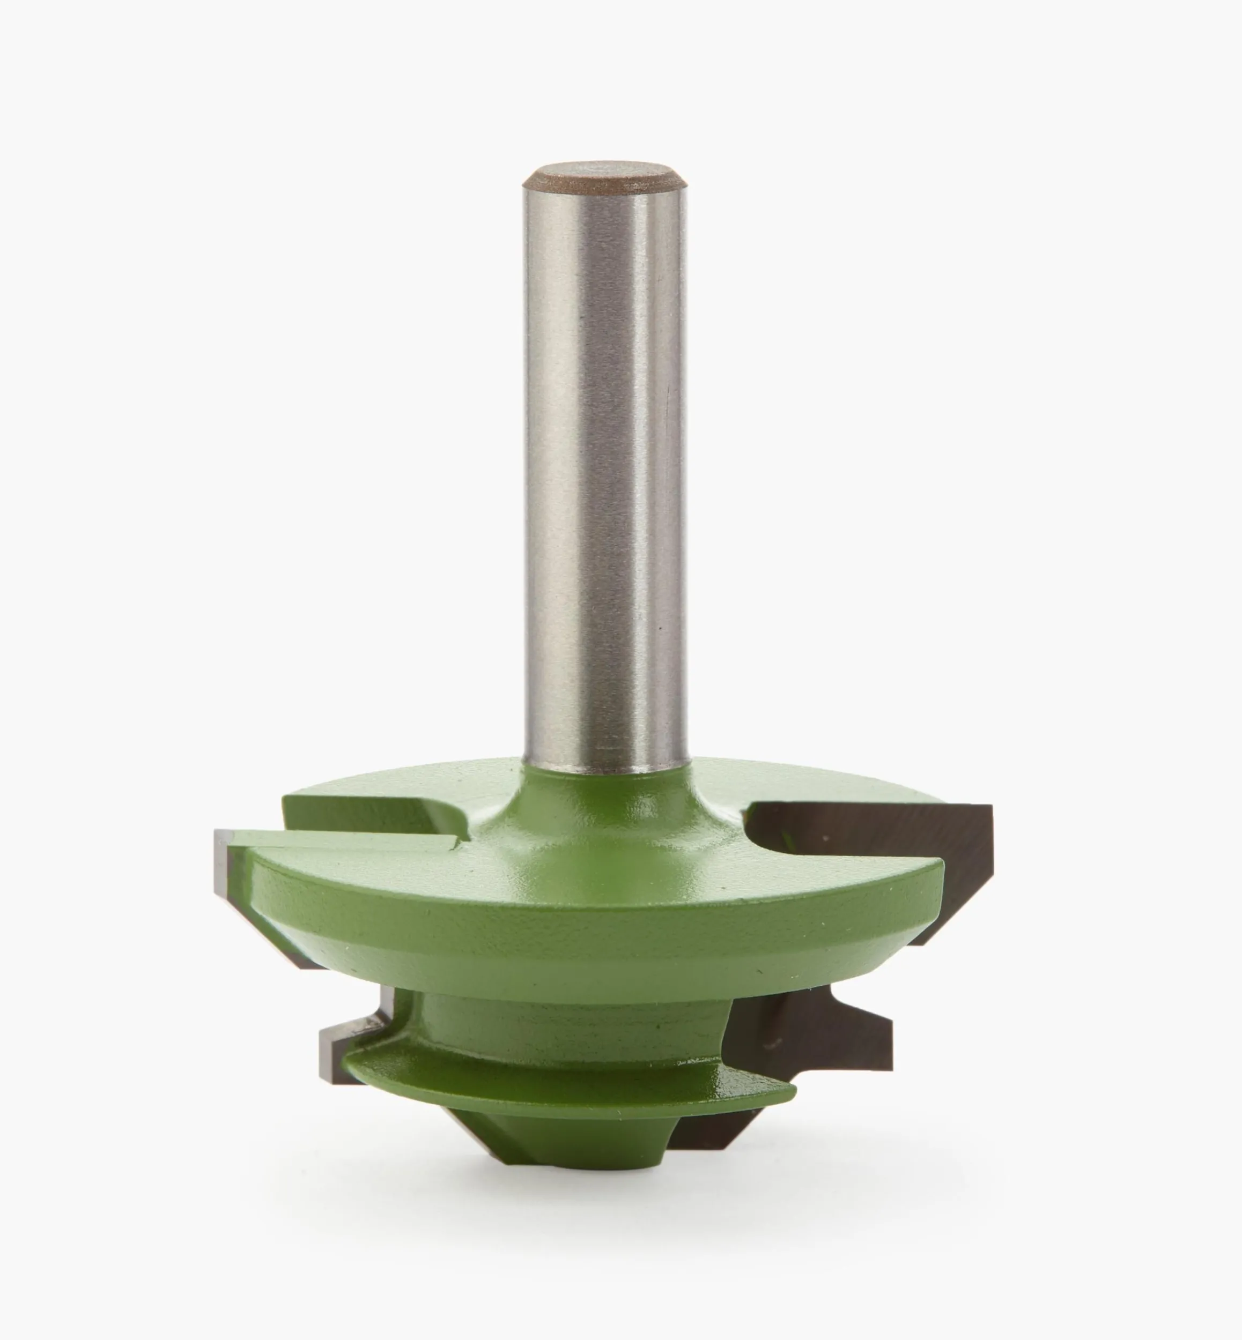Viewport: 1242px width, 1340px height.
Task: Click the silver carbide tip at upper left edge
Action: [x=226, y=867]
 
